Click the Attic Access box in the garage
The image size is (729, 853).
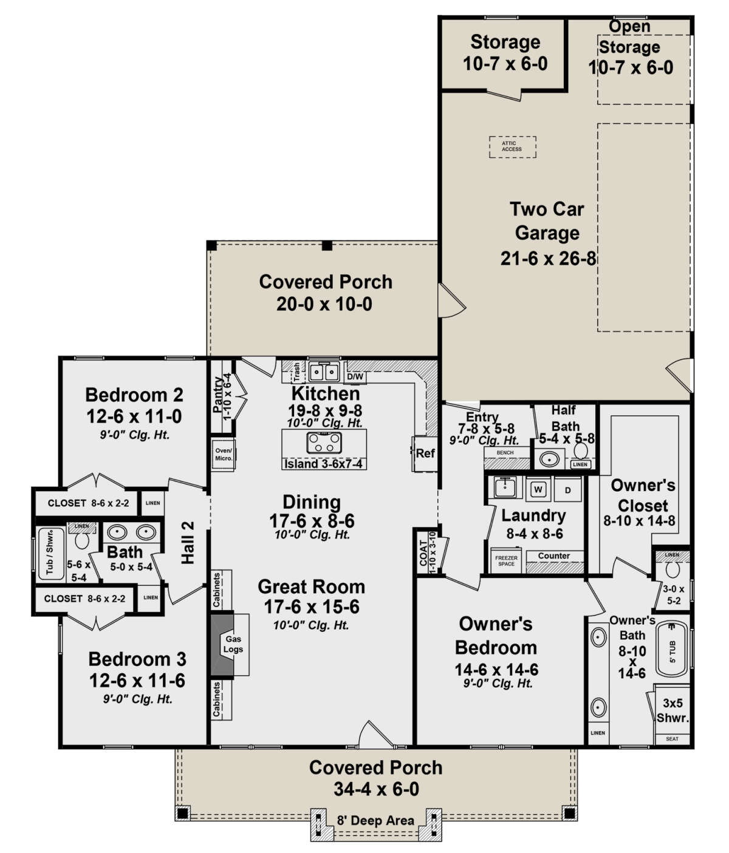coord(512,146)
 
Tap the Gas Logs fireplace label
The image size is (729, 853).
coord(234,644)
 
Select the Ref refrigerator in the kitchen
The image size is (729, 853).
coord(425,453)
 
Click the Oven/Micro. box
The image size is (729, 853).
coord(224,454)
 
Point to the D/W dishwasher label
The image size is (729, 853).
coord(355,377)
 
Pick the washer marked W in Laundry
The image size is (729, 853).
coord(538,490)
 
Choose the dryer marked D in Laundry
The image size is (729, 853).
coord(568,490)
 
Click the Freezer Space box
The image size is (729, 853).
coord(506,560)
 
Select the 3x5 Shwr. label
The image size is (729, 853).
coord(673,710)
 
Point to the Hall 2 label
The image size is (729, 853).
coord(188,542)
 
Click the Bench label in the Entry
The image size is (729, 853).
coord(505,452)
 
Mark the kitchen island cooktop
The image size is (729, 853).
coord(324,442)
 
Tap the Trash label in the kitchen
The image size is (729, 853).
coord(296,370)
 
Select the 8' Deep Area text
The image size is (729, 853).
coord(375,821)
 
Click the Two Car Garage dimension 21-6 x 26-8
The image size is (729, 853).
coord(548,259)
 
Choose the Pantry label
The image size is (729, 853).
coord(218,395)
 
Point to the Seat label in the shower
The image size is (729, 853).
coord(672,739)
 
